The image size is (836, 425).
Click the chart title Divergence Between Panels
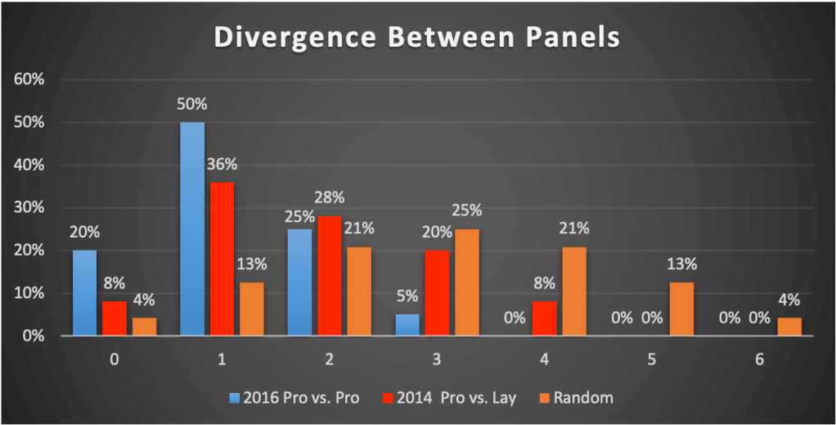click(417, 38)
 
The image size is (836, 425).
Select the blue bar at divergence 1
click(191, 229)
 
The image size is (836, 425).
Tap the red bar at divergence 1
click(221, 259)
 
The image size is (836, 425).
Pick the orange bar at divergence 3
click(466, 283)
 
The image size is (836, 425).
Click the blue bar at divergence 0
click(84, 293)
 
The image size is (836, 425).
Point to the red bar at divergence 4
click(544, 319)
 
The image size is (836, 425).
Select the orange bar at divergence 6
click(789, 327)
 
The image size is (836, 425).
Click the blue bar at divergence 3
click(407, 325)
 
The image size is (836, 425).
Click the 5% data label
click(407, 298)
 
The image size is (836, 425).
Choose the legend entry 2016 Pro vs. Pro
click(287, 399)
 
